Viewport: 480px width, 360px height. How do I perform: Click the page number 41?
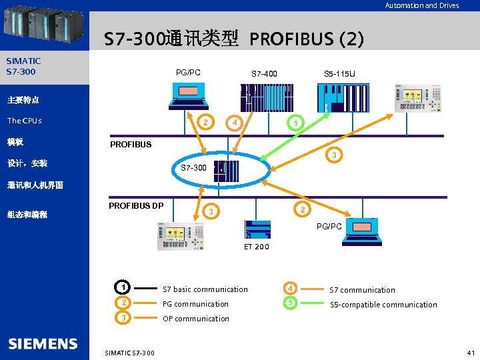pos(471,352)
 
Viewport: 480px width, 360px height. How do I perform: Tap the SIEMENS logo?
pos(43,343)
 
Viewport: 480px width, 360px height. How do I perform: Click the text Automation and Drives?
pos(422,5)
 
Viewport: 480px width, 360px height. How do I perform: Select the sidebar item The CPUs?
pos(25,121)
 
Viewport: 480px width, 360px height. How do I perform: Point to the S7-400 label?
pos(264,73)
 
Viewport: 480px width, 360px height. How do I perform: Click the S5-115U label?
pos(339,73)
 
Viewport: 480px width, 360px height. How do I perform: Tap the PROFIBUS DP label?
pos(136,205)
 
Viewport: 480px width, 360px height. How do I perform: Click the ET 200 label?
pos(257,247)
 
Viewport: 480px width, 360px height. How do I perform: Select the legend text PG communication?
pos(195,304)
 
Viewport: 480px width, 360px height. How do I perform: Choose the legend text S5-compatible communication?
pos(383,305)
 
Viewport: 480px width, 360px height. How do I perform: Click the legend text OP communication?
pos(196,319)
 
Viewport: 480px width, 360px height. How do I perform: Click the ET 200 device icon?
pos(257,228)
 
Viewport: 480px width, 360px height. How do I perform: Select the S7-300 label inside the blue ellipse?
pos(194,168)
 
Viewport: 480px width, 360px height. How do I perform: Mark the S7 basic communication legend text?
pos(205,289)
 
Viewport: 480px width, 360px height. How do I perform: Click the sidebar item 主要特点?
pos(23,100)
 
